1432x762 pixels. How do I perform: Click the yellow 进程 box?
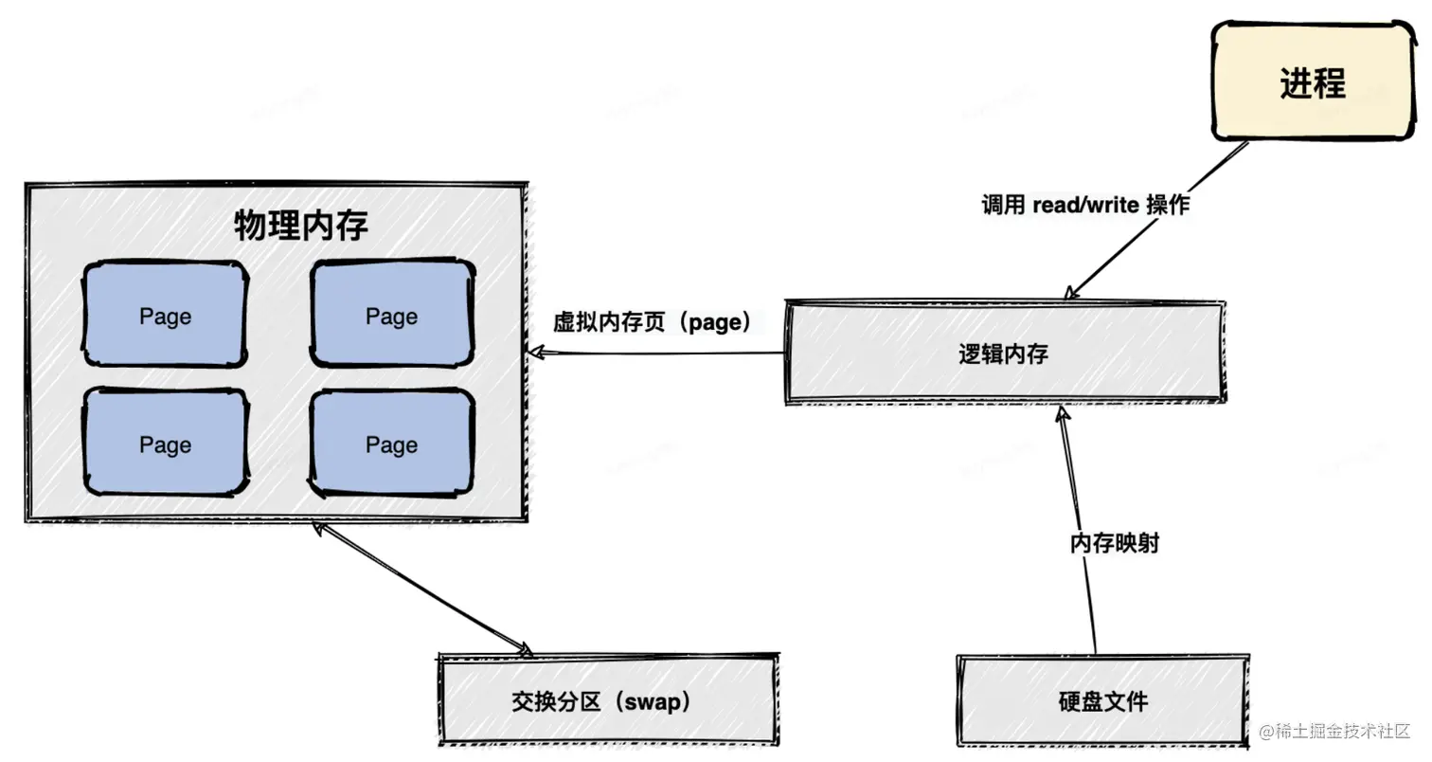click(x=1313, y=82)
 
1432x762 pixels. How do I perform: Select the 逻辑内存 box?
click(x=1005, y=353)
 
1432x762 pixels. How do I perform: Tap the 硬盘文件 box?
click(x=1102, y=701)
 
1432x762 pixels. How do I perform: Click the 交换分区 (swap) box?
click(x=608, y=700)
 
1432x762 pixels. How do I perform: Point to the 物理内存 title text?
click(x=300, y=226)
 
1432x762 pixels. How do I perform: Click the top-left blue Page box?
click(x=165, y=314)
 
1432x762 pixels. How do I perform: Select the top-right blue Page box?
click(x=392, y=313)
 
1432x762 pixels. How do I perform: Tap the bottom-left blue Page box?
click(x=165, y=442)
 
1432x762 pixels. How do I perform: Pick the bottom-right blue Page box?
click(x=392, y=443)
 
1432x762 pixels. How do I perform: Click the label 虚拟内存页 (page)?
click(x=652, y=322)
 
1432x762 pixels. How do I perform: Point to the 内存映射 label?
click(x=1115, y=543)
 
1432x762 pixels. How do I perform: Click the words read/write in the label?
click(x=1085, y=205)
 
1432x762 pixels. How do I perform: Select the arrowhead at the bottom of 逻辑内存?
click(x=1062, y=413)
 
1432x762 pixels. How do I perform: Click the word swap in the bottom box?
click(x=652, y=702)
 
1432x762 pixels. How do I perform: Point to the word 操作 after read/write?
click(x=1168, y=205)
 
